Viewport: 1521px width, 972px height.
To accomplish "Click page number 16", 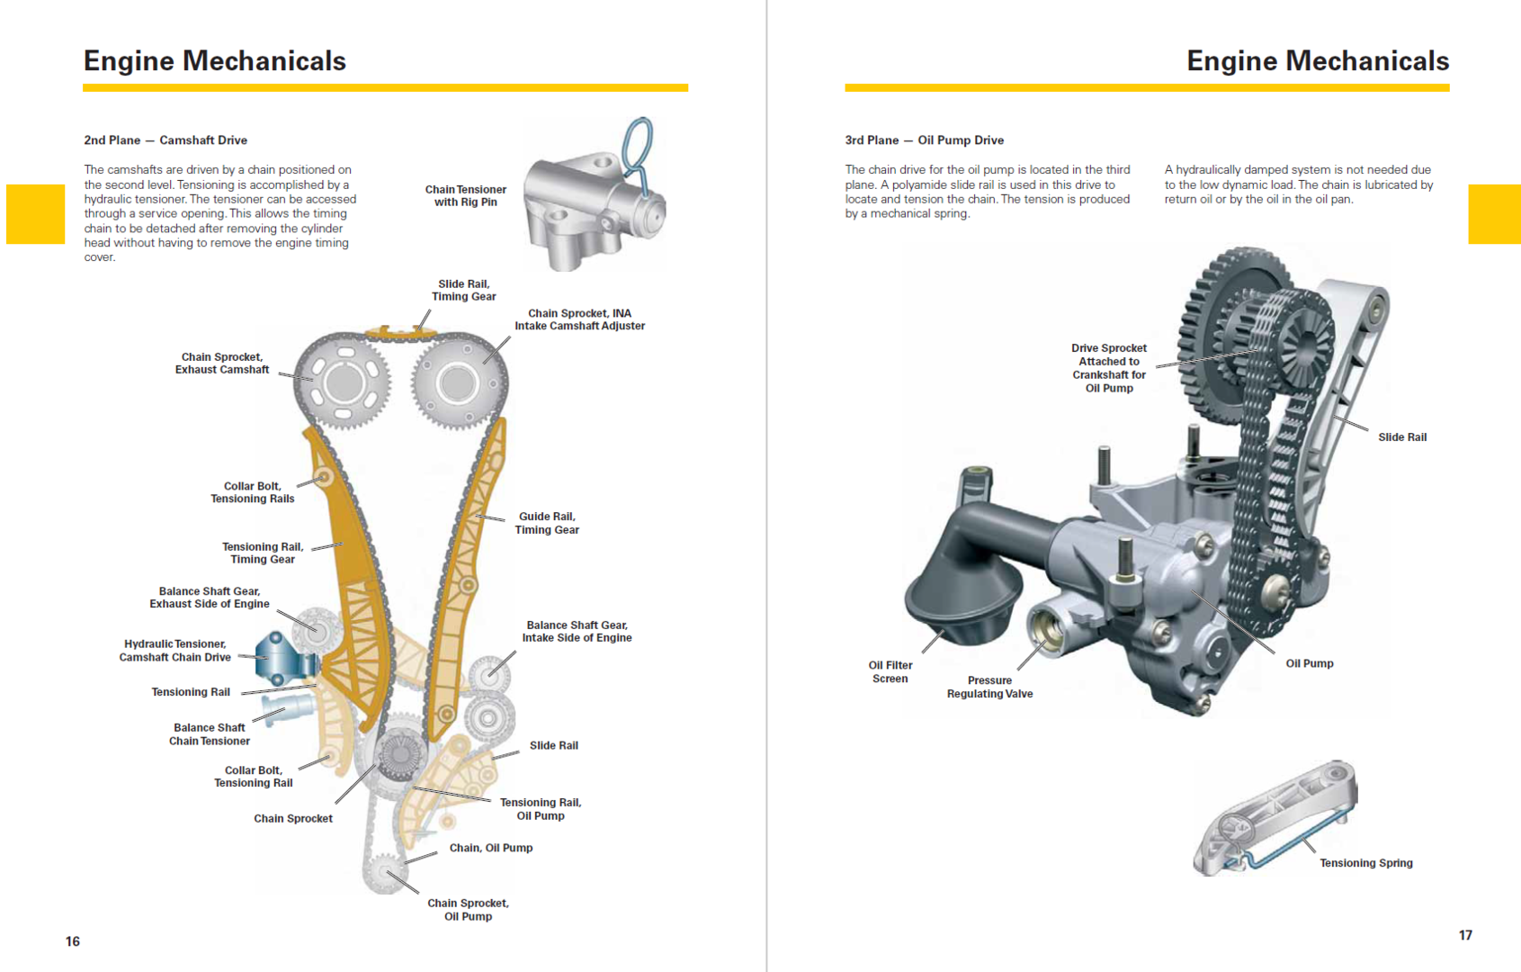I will [73, 941].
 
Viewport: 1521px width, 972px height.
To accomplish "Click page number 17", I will [1465, 935].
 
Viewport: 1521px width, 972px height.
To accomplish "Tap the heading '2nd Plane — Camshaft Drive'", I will [166, 140].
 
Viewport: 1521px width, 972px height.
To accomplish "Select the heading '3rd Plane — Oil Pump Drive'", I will [924, 140].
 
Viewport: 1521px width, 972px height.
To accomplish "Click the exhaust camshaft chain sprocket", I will [344, 382].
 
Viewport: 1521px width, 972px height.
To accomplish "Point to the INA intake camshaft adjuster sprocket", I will [458, 384].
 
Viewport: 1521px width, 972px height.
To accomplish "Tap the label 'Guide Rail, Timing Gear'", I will [547, 523].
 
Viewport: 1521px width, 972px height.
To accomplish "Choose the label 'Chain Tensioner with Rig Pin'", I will [465, 195].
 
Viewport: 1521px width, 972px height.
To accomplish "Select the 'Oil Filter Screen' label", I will [890, 672].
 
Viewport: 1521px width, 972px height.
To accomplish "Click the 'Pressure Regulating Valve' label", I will [989, 688].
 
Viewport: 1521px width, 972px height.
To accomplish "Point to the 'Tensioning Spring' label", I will [1365, 863].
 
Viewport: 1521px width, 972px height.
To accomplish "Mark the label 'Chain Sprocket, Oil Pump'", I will [468, 910].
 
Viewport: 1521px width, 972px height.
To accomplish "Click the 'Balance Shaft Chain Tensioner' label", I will [210, 734].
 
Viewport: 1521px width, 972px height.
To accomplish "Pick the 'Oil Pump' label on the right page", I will [1309, 663].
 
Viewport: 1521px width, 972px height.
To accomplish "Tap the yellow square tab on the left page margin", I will [35, 214].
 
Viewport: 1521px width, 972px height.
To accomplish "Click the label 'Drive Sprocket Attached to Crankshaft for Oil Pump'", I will [1109, 368].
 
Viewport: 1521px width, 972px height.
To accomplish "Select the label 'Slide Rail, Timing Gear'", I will [463, 290].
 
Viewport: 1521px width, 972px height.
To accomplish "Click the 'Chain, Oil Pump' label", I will [491, 848].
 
